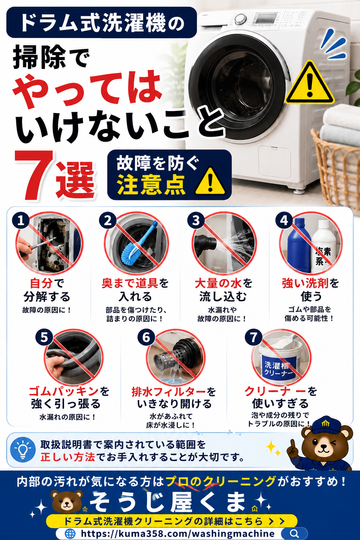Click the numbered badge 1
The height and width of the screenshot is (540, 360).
tap(21, 220)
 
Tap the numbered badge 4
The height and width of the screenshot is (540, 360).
tap(284, 220)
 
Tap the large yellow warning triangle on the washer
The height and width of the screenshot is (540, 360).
tap(310, 83)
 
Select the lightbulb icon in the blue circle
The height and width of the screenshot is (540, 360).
tap(23, 449)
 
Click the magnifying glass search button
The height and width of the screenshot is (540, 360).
tap(294, 533)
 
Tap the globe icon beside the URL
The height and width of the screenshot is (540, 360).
tap(70, 533)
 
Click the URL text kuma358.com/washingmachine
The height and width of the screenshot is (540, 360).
tap(178, 533)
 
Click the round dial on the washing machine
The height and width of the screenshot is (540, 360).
tap(240, 19)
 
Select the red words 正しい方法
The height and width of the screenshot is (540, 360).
tap(68, 457)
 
